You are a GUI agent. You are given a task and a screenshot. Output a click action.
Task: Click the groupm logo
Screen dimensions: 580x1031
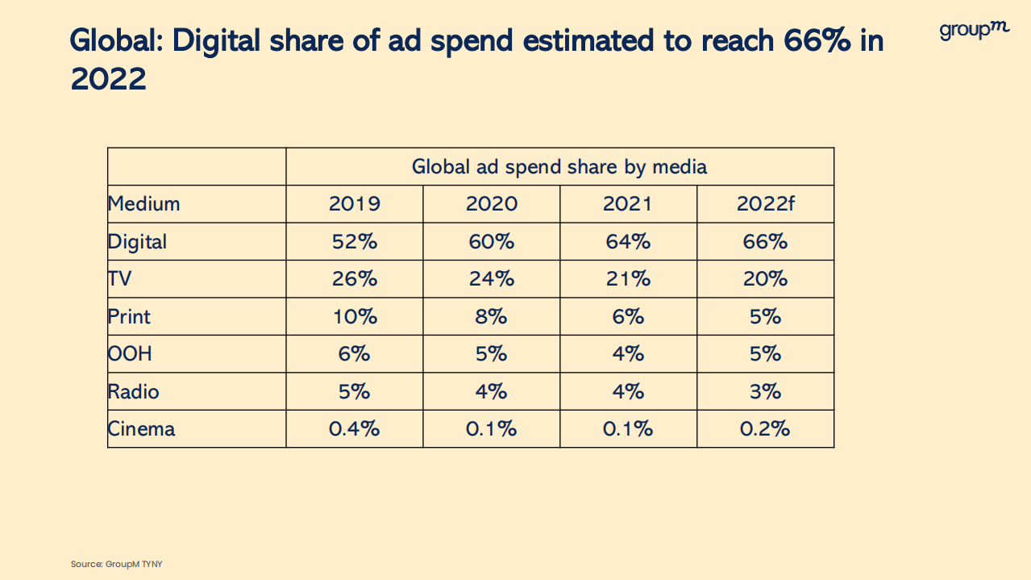(974, 31)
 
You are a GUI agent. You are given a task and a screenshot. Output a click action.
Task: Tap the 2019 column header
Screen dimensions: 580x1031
(354, 204)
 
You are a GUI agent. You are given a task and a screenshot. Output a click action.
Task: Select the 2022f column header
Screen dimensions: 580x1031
(765, 204)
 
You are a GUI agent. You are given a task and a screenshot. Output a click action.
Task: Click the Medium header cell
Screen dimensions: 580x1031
(144, 204)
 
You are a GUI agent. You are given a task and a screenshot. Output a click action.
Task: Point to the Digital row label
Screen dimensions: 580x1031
(137, 242)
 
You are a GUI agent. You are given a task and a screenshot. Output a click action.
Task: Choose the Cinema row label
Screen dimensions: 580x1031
(141, 429)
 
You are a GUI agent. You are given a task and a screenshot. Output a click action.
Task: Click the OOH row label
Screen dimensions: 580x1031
(130, 354)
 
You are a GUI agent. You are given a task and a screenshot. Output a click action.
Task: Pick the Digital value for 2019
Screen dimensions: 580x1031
(354, 242)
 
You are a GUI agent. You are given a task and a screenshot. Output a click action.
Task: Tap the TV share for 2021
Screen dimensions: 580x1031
(628, 279)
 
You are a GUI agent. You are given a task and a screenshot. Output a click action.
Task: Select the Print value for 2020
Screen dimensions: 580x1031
(491, 317)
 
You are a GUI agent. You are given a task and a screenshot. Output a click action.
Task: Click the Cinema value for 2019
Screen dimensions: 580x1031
(354, 429)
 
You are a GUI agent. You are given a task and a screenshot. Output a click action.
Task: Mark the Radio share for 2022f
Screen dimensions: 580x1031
(765, 392)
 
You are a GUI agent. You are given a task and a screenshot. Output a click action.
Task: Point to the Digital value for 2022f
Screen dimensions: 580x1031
(765, 242)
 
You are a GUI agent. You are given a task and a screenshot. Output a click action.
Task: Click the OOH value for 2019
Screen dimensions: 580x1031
(354, 354)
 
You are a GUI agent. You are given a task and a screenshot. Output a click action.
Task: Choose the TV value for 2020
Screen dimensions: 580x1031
(491, 279)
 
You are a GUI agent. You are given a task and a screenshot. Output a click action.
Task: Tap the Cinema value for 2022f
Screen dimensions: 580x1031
(765, 429)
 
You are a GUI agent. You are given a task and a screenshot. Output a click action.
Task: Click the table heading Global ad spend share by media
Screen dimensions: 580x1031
(559, 167)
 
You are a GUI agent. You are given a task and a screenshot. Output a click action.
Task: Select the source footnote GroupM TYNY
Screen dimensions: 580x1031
(116, 564)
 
